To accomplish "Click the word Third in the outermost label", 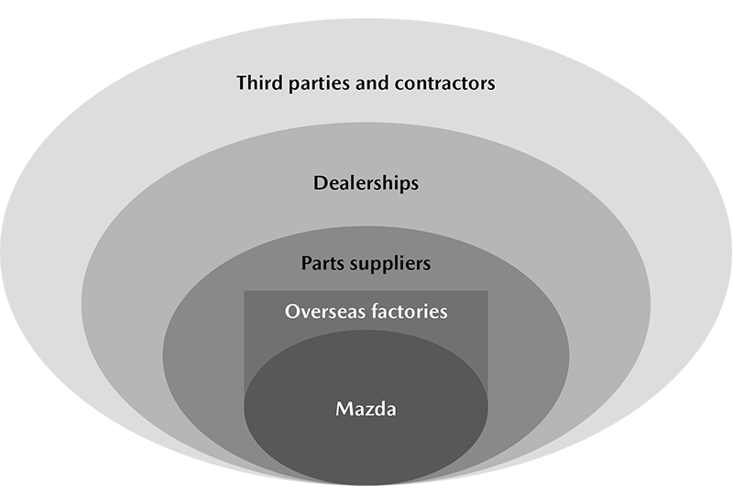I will point(259,83).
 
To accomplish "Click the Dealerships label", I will point(366,183).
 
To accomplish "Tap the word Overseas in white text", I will point(323,312).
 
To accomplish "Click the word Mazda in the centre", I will point(366,409).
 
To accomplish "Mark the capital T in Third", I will point(242,83).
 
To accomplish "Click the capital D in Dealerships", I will point(319,183).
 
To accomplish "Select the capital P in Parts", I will point(307,264).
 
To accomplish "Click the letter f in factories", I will point(370,312).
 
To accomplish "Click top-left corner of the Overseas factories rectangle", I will point(245,292).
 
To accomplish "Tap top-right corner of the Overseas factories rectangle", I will point(487,292).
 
